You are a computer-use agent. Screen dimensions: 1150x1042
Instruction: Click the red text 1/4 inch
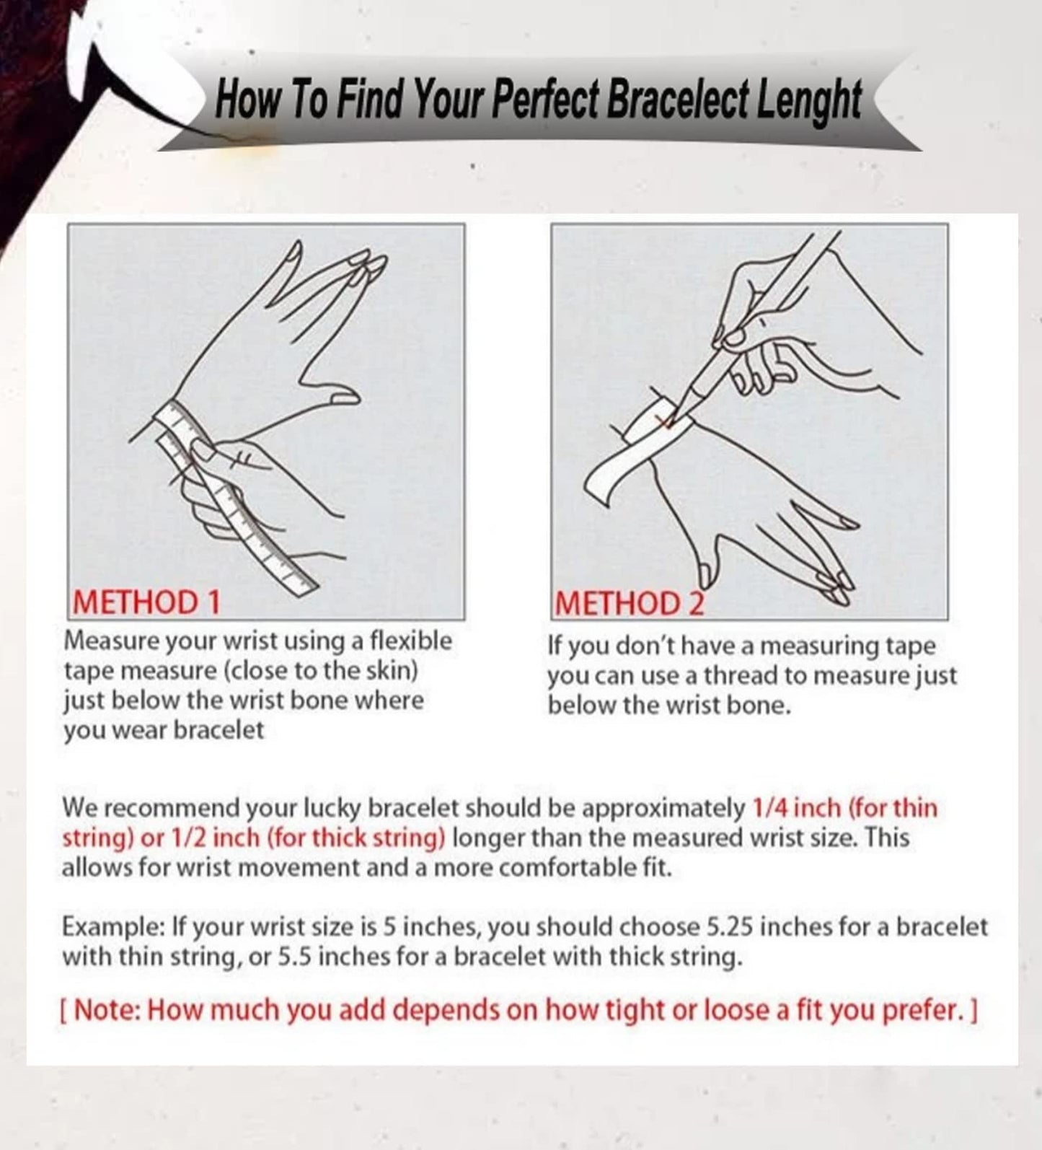tap(796, 807)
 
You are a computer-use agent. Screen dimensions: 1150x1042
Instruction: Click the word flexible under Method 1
tap(410, 641)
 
